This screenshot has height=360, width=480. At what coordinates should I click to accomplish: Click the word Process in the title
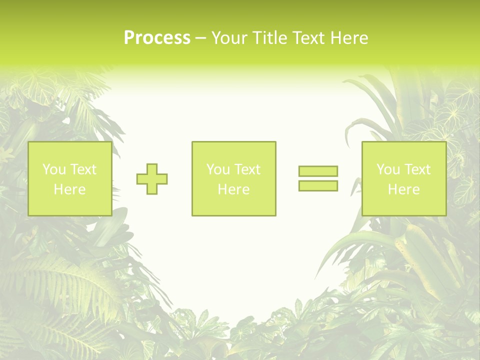point(157,38)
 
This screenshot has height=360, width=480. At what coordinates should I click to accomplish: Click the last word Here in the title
point(349,38)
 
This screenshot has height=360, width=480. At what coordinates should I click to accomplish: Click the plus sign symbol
point(152,179)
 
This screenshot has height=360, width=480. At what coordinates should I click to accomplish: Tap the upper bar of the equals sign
point(318,171)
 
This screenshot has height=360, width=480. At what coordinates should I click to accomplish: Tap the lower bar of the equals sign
point(318,185)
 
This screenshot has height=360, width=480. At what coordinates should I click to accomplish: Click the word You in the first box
point(54,169)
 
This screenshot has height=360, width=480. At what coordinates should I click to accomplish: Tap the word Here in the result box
point(404,189)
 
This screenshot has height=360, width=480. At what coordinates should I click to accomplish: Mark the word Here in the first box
point(70,189)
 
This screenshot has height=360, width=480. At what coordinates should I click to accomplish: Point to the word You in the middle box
point(218,169)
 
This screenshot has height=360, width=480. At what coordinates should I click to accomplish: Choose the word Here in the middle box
point(234,189)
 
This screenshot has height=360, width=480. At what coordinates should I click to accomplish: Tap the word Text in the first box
point(83,169)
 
